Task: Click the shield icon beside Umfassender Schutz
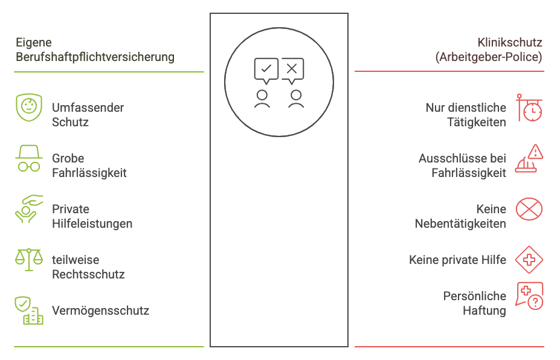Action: [x=28, y=108]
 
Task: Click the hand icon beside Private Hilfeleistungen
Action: [x=28, y=209]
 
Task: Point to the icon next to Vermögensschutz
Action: [x=28, y=310]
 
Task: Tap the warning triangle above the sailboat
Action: [x=535, y=152]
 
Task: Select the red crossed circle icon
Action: [x=529, y=210]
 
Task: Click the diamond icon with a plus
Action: [x=529, y=260]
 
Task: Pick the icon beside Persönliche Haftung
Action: [x=529, y=296]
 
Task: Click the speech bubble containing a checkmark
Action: [x=266, y=69]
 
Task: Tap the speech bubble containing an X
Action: [x=292, y=69]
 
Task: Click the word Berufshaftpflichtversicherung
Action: [x=95, y=57]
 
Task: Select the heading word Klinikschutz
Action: [x=510, y=43]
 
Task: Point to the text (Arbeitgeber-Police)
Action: [x=488, y=57]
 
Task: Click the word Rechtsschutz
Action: [x=88, y=274]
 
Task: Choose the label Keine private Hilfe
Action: [x=457, y=260]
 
